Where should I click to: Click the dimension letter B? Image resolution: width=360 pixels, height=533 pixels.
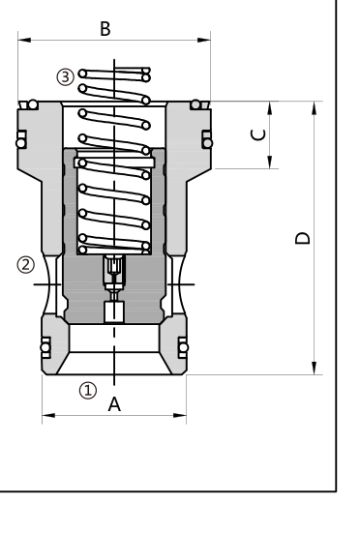[x=105, y=29]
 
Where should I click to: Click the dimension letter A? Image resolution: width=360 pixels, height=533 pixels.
[x=114, y=404]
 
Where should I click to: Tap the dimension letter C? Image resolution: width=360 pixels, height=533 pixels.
[x=258, y=134]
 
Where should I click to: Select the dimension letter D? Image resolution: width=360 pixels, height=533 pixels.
[x=303, y=238]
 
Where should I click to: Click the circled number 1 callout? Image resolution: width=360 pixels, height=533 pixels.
[x=88, y=390]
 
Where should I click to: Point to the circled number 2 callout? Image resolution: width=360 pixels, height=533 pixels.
[x=26, y=265]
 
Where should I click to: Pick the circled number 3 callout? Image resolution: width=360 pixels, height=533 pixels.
[x=65, y=76]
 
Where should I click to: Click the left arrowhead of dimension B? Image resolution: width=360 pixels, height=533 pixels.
[x=24, y=40]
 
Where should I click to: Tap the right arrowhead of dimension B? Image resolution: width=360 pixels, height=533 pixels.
[x=204, y=40]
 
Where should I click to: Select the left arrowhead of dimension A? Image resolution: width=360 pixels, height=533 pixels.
[x=48, y=415]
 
